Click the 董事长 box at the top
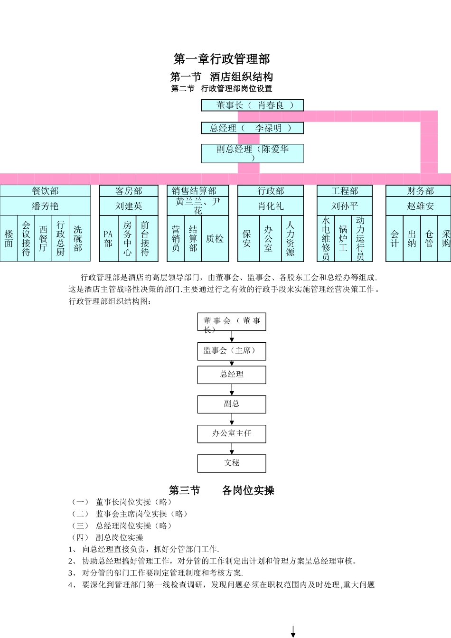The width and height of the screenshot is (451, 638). point(252,105)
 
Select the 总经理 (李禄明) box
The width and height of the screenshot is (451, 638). point(252,128)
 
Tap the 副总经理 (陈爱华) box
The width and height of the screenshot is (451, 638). point(252,153)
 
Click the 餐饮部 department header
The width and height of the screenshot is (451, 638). point(45,191)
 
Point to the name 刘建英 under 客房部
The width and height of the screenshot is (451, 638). point(129,206)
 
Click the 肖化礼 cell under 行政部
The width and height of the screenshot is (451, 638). point(271,206)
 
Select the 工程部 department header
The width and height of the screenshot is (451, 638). point(345,191)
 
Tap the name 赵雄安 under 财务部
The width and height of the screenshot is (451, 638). point(420,206)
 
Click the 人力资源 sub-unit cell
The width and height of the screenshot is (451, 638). point(291,239)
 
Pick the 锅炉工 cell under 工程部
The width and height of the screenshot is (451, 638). point(343,239)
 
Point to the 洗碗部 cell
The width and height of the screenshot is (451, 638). point(78,239)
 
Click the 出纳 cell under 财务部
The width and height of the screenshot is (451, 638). point(412,239)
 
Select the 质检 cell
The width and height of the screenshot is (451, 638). point(215,239)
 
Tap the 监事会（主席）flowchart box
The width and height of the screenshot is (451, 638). point(232,351)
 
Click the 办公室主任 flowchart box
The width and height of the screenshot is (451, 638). point(232,433)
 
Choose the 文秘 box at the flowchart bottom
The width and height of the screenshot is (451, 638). point(232,463)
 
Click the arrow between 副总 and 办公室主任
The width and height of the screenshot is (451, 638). point(232,419)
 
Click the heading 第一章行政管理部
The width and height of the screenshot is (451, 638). point(222,59)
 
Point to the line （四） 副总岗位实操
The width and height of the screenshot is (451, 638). point(107,537)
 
